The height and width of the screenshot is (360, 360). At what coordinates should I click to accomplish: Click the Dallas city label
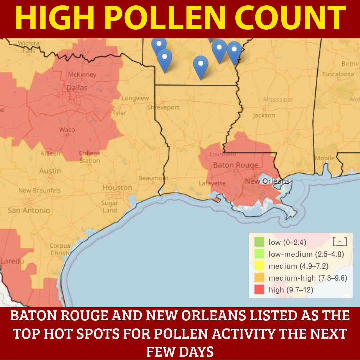pyautogui.click(x=77, y=88)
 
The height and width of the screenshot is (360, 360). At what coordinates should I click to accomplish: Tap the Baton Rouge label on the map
pyautogui.click(x=236, y=165)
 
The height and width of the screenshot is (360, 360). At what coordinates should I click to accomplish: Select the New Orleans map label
pyautogui.click(x=267, y=181)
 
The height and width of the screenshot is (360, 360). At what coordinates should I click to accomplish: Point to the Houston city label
pyautogui.click(x=117, y=188)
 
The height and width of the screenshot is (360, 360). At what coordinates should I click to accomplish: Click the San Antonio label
pyautogui.click(x=29, y=210)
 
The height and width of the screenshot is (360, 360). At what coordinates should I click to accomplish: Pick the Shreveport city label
pyautogui.click(x=163, y=107)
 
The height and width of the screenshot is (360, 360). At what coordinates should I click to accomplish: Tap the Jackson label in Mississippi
pyautogui.click(x=264, y=115)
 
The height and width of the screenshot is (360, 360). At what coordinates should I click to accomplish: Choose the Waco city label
pyautogui.click(x=67, y=130)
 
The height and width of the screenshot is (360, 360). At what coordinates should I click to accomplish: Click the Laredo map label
pyautogui.click(x=12, y=261)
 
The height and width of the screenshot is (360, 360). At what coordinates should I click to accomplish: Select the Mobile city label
pyautogui.click(x=325, y=158)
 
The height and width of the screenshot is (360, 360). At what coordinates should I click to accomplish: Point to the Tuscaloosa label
pyautogui.click(x=338, y=74)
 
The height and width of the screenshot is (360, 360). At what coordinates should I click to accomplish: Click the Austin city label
pyautogui.click(x=50, y=171)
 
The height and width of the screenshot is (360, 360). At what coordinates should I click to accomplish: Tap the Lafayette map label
pyautogui.click(x=212, y=183)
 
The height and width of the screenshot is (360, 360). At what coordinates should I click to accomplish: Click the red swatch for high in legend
pyautogui.click(x=259, y=290)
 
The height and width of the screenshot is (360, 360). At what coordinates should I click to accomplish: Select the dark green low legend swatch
pyautogui.click(x=259, y=242)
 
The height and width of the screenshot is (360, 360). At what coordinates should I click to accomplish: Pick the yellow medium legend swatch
pyautogui.click(x=259, y=266)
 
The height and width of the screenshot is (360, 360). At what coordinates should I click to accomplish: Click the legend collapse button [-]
pyautogui.click(x=340, y=241)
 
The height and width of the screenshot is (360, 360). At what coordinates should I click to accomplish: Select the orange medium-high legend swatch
pyautogui.click(x=259, y=278)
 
